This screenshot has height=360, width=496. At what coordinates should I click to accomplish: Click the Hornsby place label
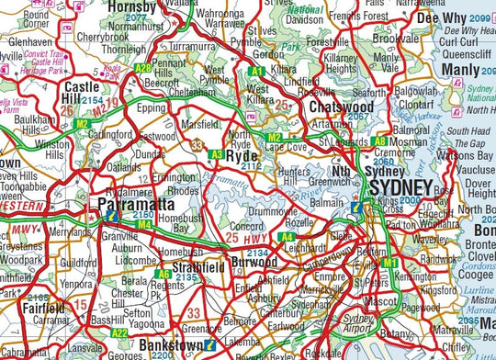133,7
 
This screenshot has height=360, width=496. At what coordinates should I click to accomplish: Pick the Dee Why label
441,17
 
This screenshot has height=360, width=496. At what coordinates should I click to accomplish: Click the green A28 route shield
142,67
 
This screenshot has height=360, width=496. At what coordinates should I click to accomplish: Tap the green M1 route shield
389,263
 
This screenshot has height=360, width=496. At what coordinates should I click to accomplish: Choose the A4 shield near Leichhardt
287,236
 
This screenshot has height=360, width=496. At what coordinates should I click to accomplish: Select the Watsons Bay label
457,156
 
